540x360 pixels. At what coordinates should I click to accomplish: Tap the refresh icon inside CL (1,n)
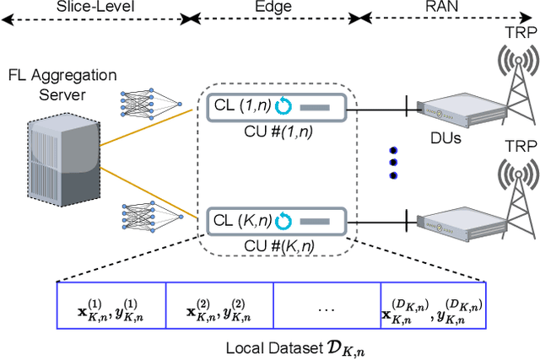click(283, 108)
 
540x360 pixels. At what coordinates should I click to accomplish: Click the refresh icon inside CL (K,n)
click(284, 222)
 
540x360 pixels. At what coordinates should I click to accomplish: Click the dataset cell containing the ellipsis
click(327, 309)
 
